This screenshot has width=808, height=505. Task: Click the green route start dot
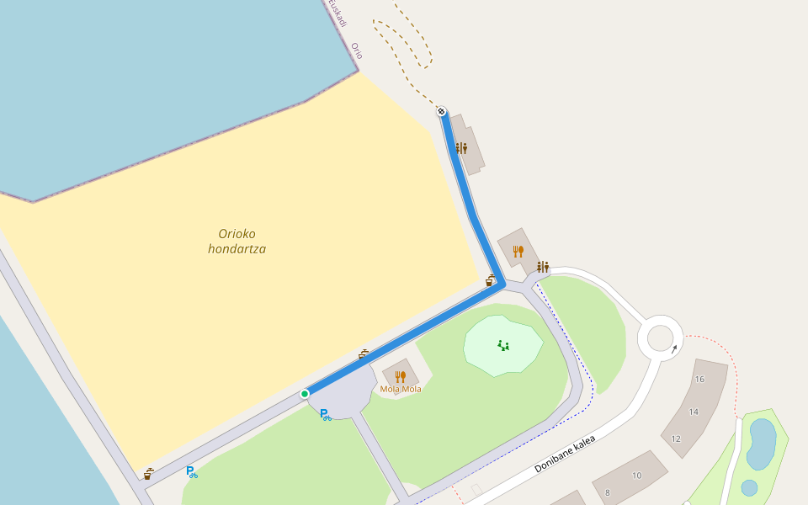(x=305, y=394)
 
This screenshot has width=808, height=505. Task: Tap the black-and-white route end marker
(x=441, y=111)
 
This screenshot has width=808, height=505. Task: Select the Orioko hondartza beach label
(x=237, y=241)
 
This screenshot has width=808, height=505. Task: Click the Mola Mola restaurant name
(x=401, y=389)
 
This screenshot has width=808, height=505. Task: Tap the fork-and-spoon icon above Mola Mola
(x=401, y=376)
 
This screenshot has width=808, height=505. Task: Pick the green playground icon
(x=503, y=345)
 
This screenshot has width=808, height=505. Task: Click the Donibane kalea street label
(x=565, y=454)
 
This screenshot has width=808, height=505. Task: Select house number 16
(x=699, y=380)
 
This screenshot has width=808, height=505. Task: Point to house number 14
(x=694, y=412)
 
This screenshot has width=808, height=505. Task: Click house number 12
(x=676, y=439)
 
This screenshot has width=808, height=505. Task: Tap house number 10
(x=636, y=476)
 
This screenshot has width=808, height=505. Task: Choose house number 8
(x=607, y=492)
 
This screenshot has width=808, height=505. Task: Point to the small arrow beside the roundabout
(x=674, y=348)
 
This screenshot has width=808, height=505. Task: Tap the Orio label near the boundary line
(x=357, y=50)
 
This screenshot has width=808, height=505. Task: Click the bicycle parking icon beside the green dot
(x=325, y=414)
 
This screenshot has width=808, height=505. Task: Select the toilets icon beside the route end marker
(x=461, y=148)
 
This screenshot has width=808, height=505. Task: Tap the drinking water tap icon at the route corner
(x=490, y=280)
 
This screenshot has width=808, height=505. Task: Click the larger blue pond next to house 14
(x=762, y=444)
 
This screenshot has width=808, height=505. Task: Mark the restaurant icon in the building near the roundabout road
(x=518, y=251)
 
